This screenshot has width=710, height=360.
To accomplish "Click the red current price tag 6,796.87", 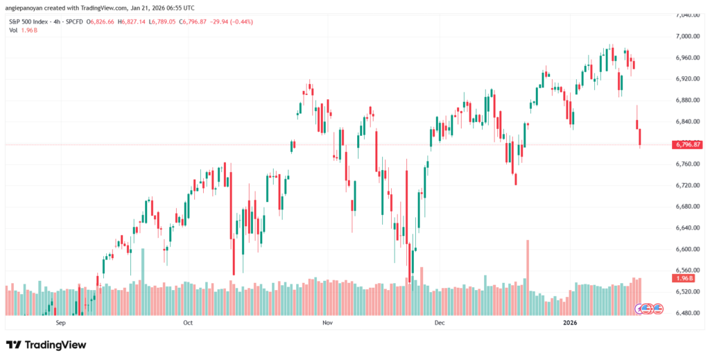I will coord(687,145).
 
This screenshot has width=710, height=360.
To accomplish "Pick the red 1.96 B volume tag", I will coord(683,278).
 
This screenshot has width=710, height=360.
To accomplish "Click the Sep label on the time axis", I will coord(60,323).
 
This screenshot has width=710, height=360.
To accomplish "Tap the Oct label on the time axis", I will coord(187,323).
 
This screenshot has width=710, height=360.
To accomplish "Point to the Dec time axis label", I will coord(438,323).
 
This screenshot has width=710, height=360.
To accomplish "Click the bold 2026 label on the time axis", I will coord(570,323).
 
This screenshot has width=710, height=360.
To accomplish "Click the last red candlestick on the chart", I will coord(641,137).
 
